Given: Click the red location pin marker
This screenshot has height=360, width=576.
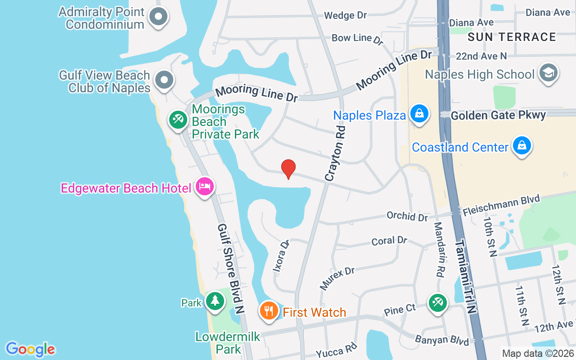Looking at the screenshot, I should coord(288,169).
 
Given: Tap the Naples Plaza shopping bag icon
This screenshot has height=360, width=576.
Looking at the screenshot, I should coord(419,113).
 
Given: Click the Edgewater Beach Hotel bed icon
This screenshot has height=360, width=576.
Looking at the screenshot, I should coord(205,186).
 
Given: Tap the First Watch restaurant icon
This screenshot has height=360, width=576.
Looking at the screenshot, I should coord(269,310).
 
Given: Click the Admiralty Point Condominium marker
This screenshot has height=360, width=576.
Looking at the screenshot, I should coord(158,17).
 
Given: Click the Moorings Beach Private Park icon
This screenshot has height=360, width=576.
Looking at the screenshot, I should coord(178,120).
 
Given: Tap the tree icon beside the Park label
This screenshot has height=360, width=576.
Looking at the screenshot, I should coord(215,300).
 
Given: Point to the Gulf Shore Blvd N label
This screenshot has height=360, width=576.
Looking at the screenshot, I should coord(230,268).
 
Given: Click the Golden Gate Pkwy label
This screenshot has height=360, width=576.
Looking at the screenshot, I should coord(498,115).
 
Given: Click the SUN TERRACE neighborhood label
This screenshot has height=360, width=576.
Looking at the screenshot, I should coord(512,37).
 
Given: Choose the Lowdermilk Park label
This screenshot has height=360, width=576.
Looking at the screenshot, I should coord(228,342).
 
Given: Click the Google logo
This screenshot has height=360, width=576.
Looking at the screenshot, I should coord(30,349).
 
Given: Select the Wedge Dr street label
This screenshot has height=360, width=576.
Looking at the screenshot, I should coord(346,15).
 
